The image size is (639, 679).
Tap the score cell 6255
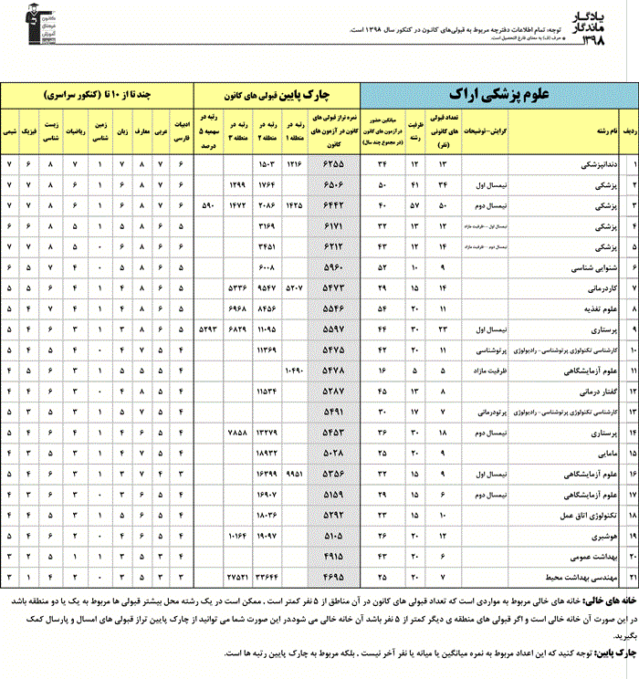click(333, 164)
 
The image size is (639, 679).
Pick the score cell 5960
click(333, 267)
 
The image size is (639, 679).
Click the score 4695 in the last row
click(333, 577)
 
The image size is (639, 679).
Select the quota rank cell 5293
click(209, 329)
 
